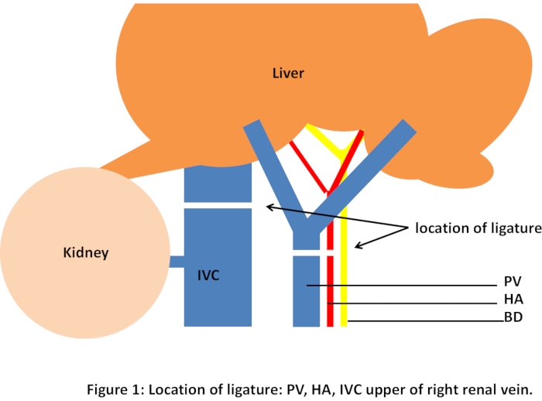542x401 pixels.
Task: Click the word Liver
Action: click(288, 74)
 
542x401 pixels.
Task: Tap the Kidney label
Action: click(86, 252)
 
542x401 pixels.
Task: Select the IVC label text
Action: click(208, 276)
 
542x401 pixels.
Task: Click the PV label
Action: click(513, 281)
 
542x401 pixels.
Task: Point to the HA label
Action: click(513, 300)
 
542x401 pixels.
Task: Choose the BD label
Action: click(513, 317)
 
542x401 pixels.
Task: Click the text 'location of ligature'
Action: click(478, 228)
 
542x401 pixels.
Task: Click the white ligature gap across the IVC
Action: click(218, 205)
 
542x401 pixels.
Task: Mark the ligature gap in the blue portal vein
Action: click(307, 252)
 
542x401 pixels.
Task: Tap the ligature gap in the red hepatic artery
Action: click(330, 252)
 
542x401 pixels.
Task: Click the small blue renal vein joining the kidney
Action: click(177, 262)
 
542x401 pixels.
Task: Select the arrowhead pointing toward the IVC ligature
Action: click(270, 207)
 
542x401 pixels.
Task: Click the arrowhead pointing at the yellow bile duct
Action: click(358, 245)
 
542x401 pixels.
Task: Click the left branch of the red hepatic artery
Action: click(308, 166)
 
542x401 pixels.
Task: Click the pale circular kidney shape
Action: click(85, 252)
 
